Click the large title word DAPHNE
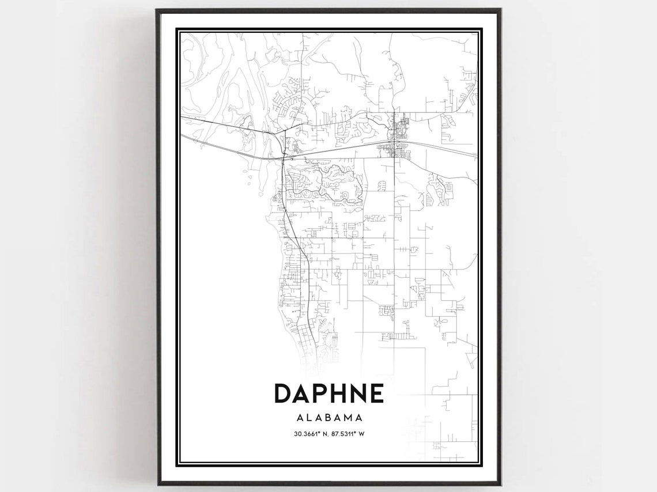tap(328, 393)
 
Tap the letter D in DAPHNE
tap(283, 393)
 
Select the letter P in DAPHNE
tap(322, 393)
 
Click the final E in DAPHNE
tap(376, 393)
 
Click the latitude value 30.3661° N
tap(307, 435)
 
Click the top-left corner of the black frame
tap(157, 10)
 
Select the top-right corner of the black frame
tap(500, 10)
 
